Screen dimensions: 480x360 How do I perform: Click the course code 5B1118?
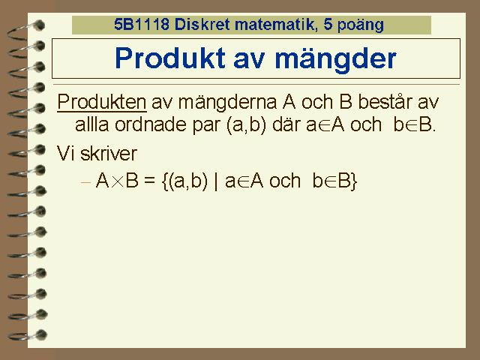pos(142,24)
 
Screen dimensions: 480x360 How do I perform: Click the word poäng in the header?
pos(360,25)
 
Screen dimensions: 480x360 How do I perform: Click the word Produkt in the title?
pos(170,58)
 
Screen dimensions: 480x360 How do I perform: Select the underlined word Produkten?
pos(102,102)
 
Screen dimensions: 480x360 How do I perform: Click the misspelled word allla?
pos(91,124)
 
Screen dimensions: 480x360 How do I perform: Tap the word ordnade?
pos(151,124)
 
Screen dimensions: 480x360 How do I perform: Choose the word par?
pos(206,126)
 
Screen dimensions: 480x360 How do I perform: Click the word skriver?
pos(108,153)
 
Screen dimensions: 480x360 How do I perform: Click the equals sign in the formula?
pos(149,181)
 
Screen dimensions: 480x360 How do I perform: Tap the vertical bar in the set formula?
pos(216,181)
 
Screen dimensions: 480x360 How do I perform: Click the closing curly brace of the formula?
pos(354,181)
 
